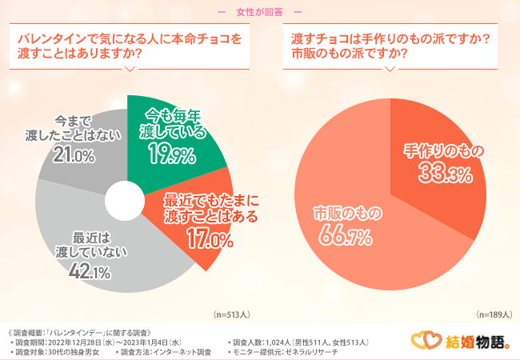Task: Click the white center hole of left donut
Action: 122,201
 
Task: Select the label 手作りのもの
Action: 440,150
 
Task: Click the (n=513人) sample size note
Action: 231,316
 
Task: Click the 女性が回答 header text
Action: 259,12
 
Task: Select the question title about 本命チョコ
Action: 129,46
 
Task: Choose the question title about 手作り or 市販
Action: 390,46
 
